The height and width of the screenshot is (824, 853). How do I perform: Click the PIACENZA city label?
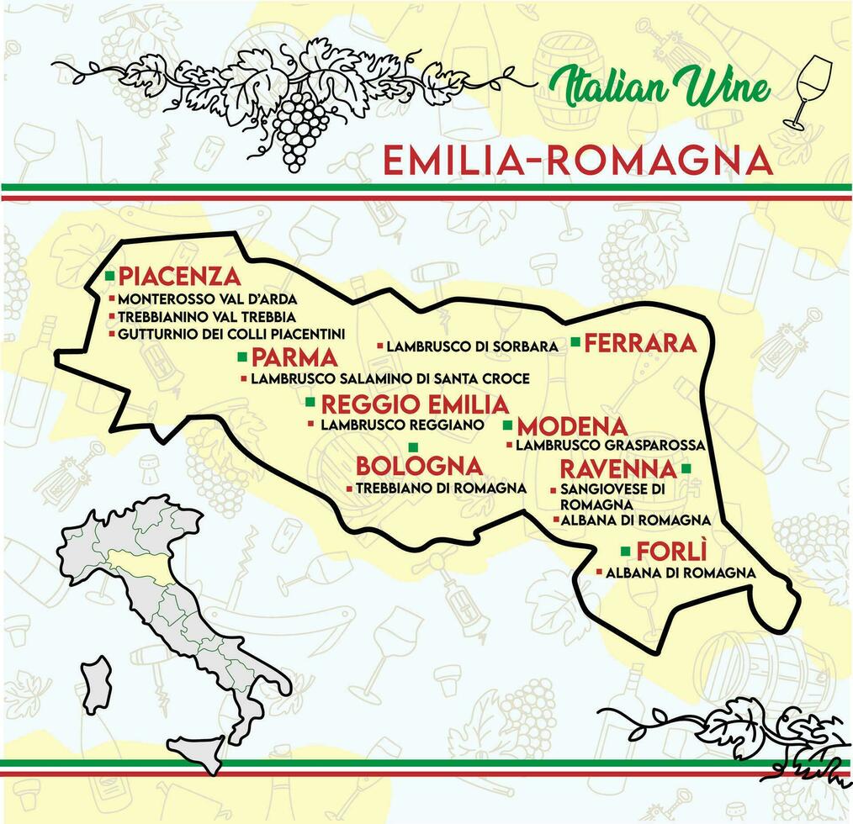pyautogui.click(x=179, y=276)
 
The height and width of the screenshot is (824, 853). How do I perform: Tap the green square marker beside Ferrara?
pyautogui.click(x=575, y=342)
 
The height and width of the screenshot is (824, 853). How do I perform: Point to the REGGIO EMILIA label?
pyautogui.click(x=415, y=404)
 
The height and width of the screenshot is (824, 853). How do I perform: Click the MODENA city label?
pyautogui.click(x=572, y=426)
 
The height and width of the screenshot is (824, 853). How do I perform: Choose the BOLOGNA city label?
pyautogui.click(x=419, y=465)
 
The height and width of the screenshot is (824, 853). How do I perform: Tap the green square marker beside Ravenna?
pyautogui.click(x=686, y=468)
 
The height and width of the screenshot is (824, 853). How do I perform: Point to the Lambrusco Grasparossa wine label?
pyautogui.click(x=610, y=445)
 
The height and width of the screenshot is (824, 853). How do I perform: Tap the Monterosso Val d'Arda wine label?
pyautogui.click(x=207, y=298)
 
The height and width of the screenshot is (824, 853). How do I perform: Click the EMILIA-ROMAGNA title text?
pyautogui.click(x=577, y=160)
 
